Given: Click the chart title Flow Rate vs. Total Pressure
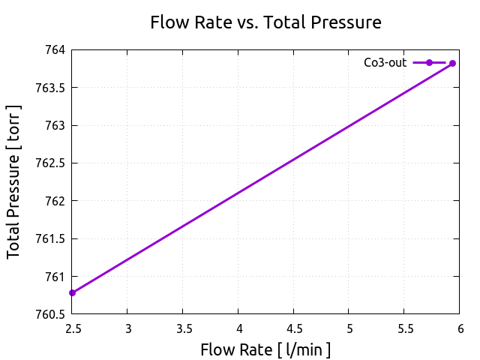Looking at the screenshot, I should coord(265,22).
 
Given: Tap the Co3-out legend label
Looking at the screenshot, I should coord(385,63).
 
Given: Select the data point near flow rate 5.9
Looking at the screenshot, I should coord(452,64).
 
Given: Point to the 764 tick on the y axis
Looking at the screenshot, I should coord(55,50).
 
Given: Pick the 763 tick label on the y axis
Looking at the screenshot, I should coord(55,125).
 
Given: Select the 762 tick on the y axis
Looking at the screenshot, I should coord(55,201).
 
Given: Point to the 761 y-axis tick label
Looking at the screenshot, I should coord(55,277).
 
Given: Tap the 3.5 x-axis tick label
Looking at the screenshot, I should coord(183,328).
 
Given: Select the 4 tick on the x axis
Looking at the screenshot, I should coord(238,328).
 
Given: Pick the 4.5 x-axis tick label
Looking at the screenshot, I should coord(294,328).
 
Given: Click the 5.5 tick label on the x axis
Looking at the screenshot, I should coord(404,328).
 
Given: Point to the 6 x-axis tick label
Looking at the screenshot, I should coord(460,328).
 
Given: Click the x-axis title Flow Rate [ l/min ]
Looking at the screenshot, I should coord(265,350).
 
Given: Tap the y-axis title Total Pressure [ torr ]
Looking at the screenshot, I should coord(14,182).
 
